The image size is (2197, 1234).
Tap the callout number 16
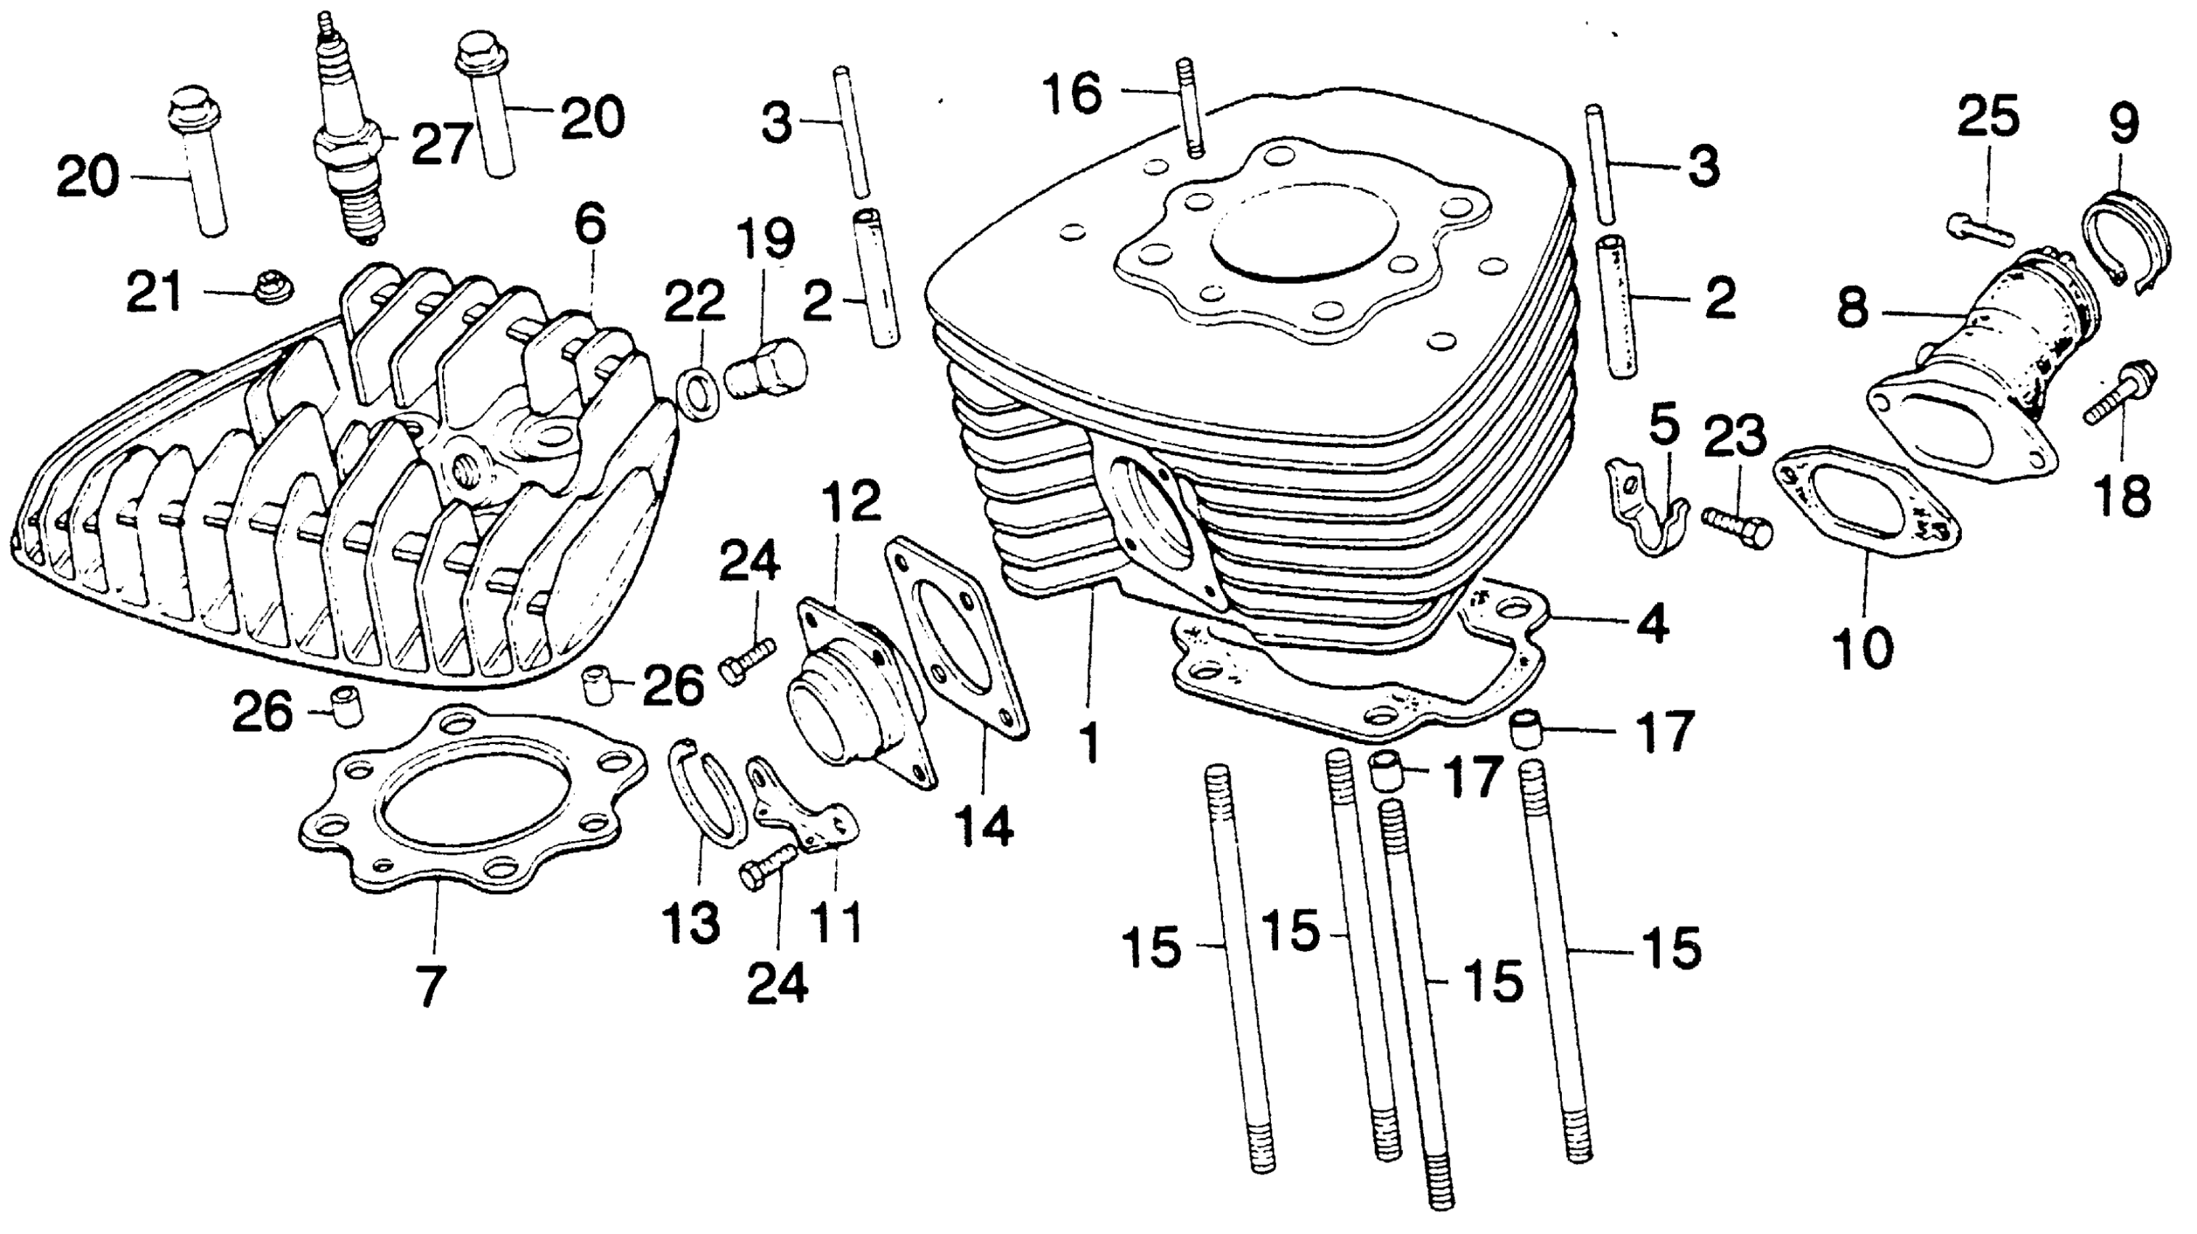(1073, 94)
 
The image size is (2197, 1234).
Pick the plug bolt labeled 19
(766, 370)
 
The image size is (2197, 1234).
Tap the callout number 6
(590, 224)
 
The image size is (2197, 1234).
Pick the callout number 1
(1090, 743)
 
